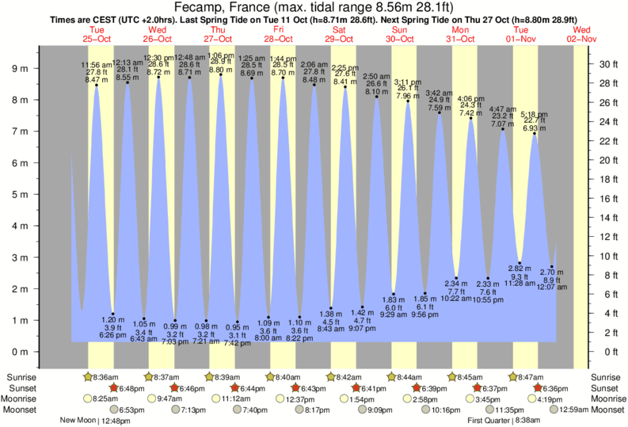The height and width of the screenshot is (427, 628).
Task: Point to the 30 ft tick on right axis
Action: pos(607,64)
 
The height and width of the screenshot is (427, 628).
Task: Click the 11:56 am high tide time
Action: pos(96,64)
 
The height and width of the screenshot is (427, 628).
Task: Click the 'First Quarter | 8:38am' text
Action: pos(508,421)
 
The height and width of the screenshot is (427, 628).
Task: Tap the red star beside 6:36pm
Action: pos(537,388)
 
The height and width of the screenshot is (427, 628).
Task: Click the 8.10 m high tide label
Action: pos(376,92)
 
